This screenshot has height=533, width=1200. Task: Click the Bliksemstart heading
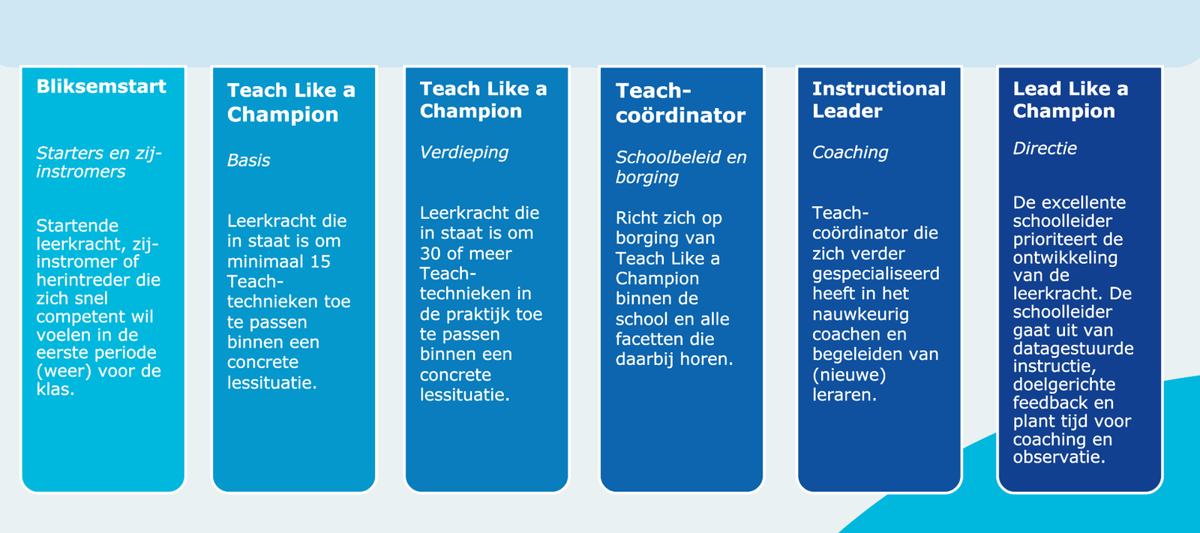101,86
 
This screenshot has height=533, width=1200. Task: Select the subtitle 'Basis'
248,160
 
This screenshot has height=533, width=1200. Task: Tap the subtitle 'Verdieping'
464,153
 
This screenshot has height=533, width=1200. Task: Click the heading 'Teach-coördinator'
680,103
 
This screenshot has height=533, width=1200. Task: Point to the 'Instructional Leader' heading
878,100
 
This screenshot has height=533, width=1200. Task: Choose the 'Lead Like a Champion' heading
1070,100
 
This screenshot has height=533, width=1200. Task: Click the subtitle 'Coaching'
850,153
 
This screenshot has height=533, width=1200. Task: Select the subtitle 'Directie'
1045,148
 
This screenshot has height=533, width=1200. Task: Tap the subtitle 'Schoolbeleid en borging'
680,166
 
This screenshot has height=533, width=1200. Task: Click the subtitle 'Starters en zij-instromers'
98,163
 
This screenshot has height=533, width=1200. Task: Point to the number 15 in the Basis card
320,262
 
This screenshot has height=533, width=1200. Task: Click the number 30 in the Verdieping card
430,253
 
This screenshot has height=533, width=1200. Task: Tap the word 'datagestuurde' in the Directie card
1073,349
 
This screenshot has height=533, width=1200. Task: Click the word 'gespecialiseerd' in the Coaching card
875,274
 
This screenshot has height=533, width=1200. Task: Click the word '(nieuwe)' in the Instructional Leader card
849,375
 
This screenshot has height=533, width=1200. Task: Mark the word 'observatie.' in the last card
1059,457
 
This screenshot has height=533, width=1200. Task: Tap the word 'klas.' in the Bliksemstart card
55,389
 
